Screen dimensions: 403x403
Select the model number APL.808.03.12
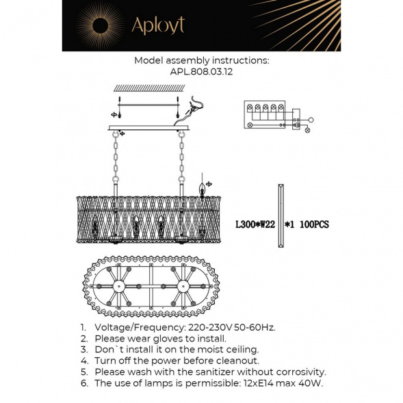pos(202,71)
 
